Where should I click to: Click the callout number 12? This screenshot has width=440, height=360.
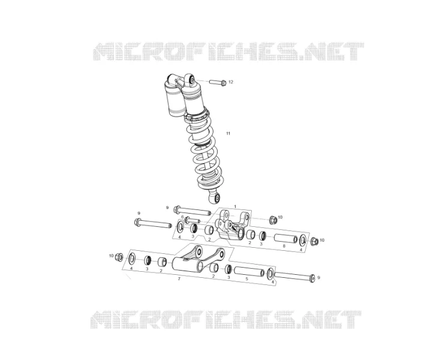231,82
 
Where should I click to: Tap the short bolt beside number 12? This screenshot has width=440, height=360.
218,83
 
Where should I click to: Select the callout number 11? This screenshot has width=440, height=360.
228,133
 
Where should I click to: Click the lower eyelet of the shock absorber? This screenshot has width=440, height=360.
215,197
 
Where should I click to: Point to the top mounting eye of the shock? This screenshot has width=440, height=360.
191,79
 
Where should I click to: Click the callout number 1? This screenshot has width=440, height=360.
235,206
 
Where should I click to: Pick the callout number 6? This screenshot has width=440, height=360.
182,217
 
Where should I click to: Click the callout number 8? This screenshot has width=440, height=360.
284,246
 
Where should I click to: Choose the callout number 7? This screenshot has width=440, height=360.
179,279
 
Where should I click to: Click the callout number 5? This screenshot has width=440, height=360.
246,279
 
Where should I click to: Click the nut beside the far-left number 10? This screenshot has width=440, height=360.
119,256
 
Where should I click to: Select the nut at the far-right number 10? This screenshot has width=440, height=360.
314,241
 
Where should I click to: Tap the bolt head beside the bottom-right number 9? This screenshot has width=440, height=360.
312,278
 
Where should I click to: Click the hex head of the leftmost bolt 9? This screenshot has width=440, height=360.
138,221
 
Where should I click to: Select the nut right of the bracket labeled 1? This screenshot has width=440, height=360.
273,220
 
